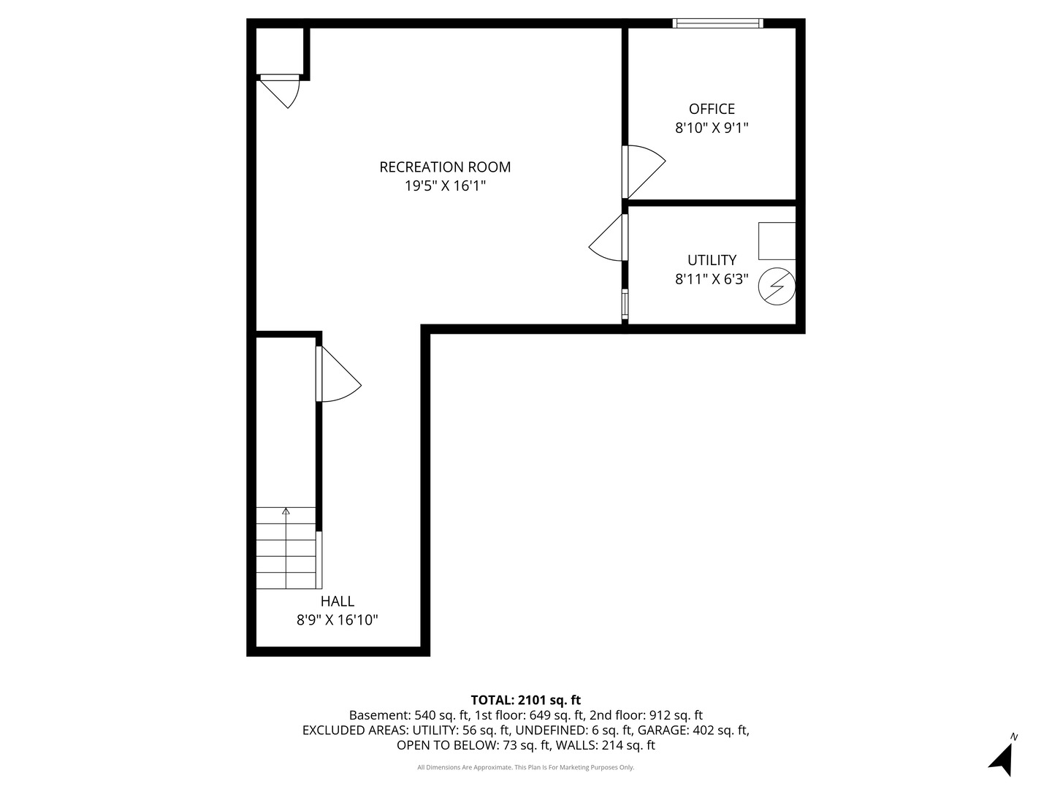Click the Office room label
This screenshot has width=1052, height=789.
(712, 110)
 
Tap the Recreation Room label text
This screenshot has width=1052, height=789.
(445, 167)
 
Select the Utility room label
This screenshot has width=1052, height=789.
(712, 260)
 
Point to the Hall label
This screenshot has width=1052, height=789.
(337, 601)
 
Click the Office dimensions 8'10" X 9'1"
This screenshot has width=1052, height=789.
(712, 129)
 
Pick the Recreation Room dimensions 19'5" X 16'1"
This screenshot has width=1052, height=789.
(445, 186)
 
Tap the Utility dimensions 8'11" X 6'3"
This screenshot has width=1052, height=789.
(712, 279)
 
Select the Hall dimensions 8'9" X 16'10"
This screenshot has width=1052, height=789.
(337, 620)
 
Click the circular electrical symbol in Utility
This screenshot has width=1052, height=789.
(777, 286)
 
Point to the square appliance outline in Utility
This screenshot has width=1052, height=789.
(777, 241)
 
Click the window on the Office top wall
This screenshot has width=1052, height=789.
(717, 23)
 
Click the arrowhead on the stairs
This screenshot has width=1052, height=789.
(286, 511)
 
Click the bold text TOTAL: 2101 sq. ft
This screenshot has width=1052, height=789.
(526, 701)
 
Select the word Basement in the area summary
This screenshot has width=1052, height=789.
(378, 715)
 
